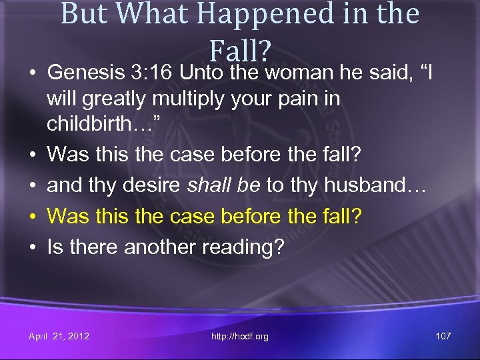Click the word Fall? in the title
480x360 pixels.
240,49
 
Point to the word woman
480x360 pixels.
301,71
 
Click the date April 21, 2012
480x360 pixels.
59,336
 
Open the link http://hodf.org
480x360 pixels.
240,336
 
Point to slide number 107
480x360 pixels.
443,336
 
